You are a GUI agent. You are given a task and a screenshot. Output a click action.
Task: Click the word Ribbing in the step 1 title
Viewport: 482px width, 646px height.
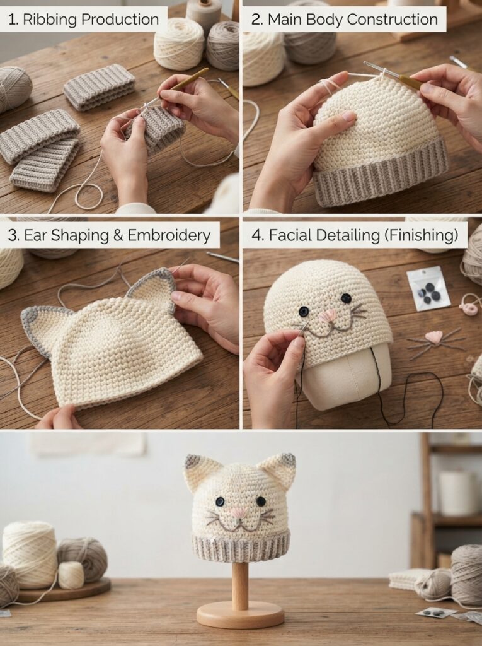pos(49,20)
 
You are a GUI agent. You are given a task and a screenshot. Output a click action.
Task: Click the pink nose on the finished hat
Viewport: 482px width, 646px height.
pos(239,513)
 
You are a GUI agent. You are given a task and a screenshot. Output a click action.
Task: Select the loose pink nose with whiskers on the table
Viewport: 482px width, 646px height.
pos(434,339)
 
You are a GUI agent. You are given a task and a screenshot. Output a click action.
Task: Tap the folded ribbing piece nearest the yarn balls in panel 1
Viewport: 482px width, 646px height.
pos(99,87)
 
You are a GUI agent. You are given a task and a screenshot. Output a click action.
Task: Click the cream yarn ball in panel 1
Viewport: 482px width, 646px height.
pos(179,44)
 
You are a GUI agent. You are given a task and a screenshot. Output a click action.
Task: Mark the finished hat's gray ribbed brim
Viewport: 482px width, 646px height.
pos(241,546)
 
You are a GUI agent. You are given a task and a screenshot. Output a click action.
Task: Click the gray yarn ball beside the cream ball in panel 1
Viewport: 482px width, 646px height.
pos(222,45)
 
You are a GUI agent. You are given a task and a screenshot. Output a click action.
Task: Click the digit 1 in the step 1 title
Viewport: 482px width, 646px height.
pos(11,20)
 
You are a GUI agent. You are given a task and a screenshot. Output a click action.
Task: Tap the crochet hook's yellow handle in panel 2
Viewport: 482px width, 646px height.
pos(410,83)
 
